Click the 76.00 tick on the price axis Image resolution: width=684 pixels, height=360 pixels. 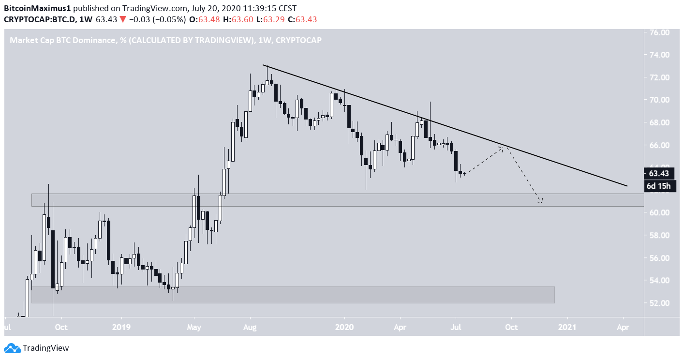pos(661,32)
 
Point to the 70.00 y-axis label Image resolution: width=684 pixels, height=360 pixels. pos(661,100)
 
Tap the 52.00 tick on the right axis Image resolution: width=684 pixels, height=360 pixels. pos(661,303)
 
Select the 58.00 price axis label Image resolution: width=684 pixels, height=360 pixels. pos(661,235)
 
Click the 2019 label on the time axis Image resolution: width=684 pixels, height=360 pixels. pos(121,327)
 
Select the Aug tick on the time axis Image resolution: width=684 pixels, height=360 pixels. pos(250,327)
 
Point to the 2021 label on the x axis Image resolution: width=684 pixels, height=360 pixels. pos(567,327)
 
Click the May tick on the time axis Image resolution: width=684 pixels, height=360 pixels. pos(194,327)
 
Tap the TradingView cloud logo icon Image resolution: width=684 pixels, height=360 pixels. pos(12,348)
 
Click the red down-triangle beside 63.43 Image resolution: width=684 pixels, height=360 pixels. pos(123,19)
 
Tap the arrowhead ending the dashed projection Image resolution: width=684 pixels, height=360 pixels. pos(540,201)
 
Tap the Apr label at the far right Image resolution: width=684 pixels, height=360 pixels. pos(623,327)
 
